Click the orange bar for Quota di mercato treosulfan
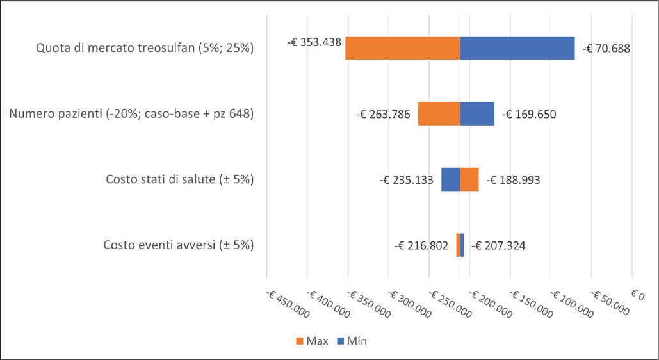[x=402, y=48]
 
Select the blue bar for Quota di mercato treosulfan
[x=517, y=48]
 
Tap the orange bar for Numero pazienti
[x=439, y=114]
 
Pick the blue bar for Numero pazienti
[x=477, y=114]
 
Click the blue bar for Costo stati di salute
[x=450, y=179]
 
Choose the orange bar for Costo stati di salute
[x=469, y=179]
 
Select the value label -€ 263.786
[x=383, y=115]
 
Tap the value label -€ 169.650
[x=529, y=115]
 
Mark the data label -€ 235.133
[x=406, y=180]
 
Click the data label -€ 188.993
[x=513, y=180]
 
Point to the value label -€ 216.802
[x=421, y=245]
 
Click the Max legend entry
[x=312, y=341]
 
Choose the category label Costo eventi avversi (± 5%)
[x=179, y=245]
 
